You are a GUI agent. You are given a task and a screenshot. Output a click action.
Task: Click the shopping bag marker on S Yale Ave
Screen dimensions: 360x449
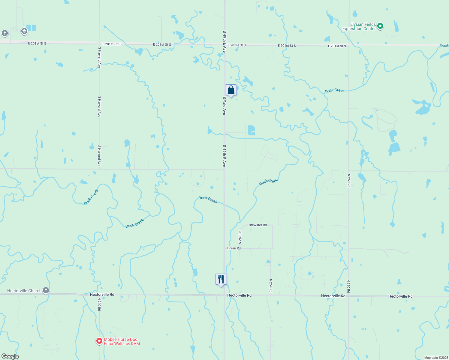[x=231, y=90]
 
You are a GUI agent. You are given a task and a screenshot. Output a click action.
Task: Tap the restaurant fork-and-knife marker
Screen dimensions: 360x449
[x=221, y=279]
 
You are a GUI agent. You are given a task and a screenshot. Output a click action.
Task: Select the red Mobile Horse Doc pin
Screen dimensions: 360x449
[x=99, y=341]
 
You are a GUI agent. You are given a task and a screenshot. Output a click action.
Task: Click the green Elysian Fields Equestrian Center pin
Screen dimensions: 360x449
[x=380, y=26]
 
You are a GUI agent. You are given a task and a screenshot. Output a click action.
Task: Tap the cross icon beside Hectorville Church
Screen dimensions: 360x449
[x=46, y=290]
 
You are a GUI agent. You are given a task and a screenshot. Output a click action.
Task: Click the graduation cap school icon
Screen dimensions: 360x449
[x=24, y=31]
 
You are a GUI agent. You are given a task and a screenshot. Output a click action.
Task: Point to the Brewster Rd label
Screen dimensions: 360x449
[x=258, y=225]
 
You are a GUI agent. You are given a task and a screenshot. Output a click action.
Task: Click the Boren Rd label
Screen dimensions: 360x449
[x=234, y=248]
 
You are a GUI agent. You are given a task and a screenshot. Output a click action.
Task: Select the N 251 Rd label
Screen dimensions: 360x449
[x=240, y=237]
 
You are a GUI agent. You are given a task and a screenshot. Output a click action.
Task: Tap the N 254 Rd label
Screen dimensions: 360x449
[x=271, y=286]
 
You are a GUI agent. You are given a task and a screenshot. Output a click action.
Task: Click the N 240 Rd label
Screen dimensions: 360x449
[x=99, y=304]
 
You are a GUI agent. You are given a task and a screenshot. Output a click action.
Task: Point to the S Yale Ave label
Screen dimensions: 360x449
[x=224, y=106]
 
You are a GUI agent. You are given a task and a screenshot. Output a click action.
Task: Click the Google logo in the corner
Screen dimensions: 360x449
[x=10, y=356]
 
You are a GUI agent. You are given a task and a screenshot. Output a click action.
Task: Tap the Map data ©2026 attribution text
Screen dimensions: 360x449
[x=436, y=358]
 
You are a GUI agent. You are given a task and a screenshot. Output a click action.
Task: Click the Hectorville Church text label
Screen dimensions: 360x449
[x=24, y=291]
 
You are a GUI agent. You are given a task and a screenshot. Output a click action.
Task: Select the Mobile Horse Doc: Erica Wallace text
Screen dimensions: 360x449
[x=122, y=341]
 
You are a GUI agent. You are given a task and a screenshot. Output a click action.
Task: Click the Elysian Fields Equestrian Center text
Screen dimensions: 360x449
[x=359, y=26]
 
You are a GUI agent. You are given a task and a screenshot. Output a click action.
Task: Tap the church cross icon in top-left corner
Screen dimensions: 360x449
[x=5, y=33]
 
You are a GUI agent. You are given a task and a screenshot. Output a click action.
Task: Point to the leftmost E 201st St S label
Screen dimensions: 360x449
[x=37, y=43]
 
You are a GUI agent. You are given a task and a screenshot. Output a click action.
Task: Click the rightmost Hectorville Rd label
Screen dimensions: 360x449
[x=400, y=296]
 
